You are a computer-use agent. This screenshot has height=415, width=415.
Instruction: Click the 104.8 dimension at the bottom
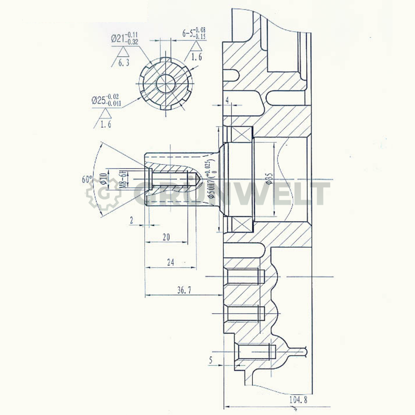click(x=298, y=399)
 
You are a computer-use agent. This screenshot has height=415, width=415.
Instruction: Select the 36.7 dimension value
click(x=184, y=290)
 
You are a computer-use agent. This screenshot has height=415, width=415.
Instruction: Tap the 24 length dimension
click(x=171, y=262)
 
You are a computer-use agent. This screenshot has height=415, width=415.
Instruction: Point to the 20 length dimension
click(x=166, y=237)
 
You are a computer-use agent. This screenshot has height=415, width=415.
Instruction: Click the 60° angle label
click(x=87, y=180)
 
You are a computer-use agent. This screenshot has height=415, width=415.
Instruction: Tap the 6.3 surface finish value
click(x=124, y=63)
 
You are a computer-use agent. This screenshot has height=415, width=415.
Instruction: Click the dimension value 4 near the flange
click(x=227, y=100)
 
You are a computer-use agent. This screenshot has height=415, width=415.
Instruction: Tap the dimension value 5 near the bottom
click(x=211, y=360)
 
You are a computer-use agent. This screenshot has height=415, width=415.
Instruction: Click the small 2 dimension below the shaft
click(x=132, y=221)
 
